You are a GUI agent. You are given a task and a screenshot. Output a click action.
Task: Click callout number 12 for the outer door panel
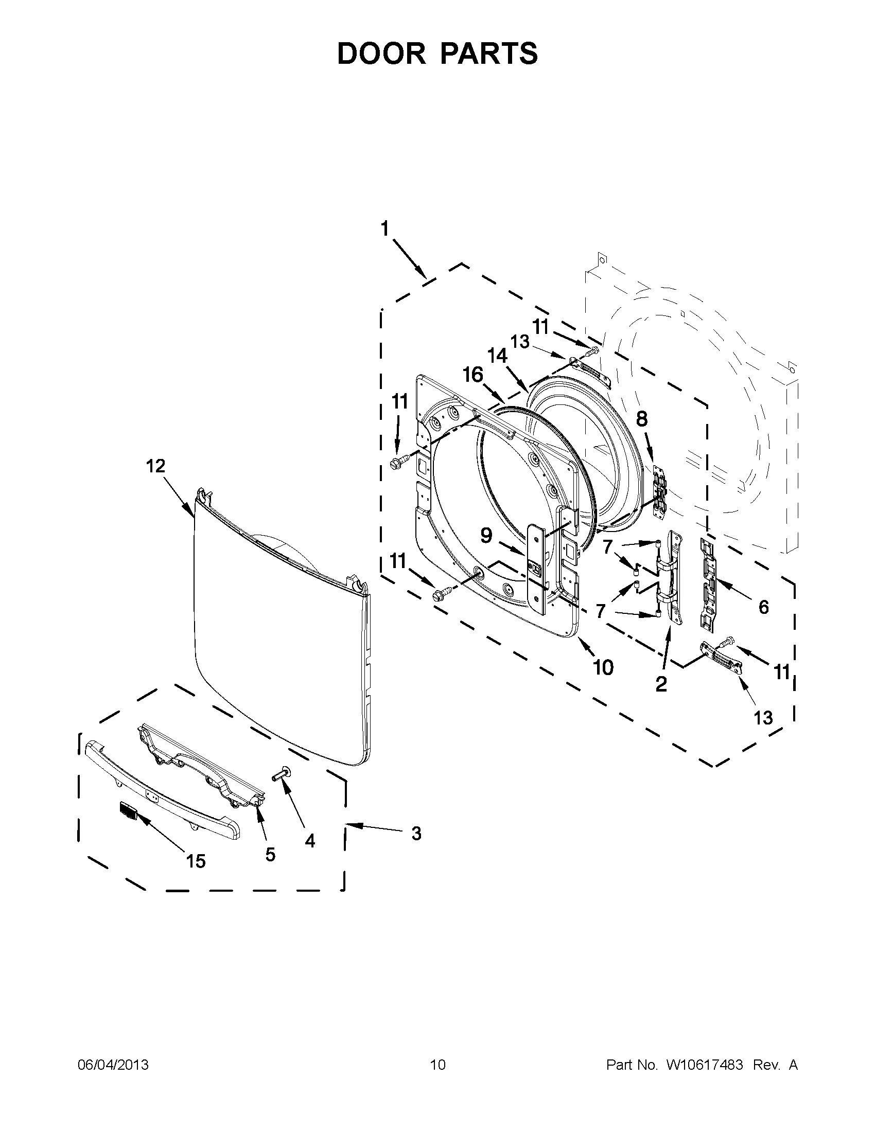[x=155, y=466]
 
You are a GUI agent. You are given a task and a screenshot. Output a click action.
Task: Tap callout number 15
[x=196, y=861]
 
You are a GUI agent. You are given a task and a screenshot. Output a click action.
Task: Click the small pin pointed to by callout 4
[x=281, y=789]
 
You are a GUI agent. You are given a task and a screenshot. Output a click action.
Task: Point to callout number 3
[x=416, y=834]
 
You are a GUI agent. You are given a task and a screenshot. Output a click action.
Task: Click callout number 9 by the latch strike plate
[x=486, y=535]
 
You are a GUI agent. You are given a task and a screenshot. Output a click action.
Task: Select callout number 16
[x=472, y=375]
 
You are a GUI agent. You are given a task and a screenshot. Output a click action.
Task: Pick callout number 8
[x=642, y=418]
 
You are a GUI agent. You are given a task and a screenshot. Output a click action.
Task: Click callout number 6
[x=763, y=607]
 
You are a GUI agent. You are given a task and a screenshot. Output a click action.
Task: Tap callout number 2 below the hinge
[x=661, y=684]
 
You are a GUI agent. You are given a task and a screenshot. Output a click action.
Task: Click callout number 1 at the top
[x=384, y=228]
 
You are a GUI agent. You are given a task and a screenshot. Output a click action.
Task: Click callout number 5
[x=270, y=854]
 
